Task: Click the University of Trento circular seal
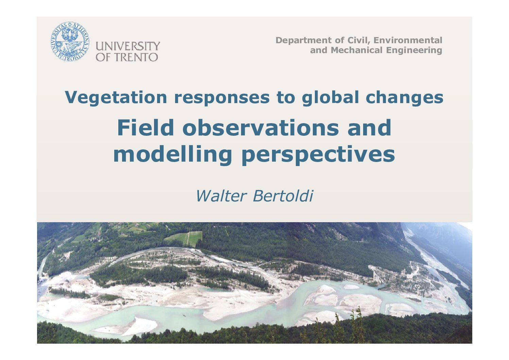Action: pyautogui.click(x=70, y=42)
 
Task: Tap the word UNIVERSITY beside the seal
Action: pyautogui.click(x=128, y=46)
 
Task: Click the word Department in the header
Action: pyautogui.click(x=304, y=40)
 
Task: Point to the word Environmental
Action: pyautogui.click(x=408, y=40)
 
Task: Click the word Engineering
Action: pyautogui.click(x=414, y=50)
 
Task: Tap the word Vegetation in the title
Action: pyautogui.click(x=116, y=98)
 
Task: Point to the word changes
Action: pyautogui.click(x=405, y=98)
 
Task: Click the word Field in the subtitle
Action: pyautogui.click(x=146, y=128)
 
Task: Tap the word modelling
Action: pyautogui.click(x=172, y=154)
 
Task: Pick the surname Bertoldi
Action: pyautogui.click(x=283, y=196)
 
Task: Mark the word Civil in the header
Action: pyautogui.click(x=359, y=40)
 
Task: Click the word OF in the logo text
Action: pyautogui.click(x=103, y=57)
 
